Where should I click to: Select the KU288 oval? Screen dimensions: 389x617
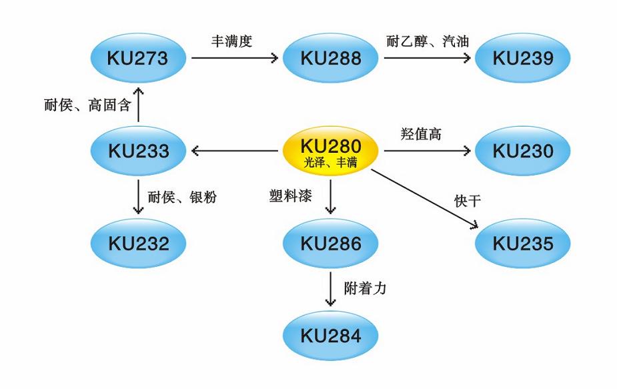(x=331, y=59)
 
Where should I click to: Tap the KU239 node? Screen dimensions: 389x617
(x=523, y=59)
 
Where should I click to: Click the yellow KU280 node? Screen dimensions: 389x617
(x=330, y=151)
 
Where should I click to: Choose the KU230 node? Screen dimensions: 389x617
(x=523, y=151)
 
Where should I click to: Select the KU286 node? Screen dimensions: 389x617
(x=331, y=244)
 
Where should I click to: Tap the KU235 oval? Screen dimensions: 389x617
(x=523, y=244)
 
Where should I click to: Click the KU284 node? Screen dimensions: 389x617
(x=331, y=336)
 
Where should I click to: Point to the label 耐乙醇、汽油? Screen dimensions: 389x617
(x=428, y=41)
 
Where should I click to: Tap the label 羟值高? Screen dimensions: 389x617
(x=421, y=134)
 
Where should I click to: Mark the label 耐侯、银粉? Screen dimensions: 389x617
(x=182, y=197)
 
